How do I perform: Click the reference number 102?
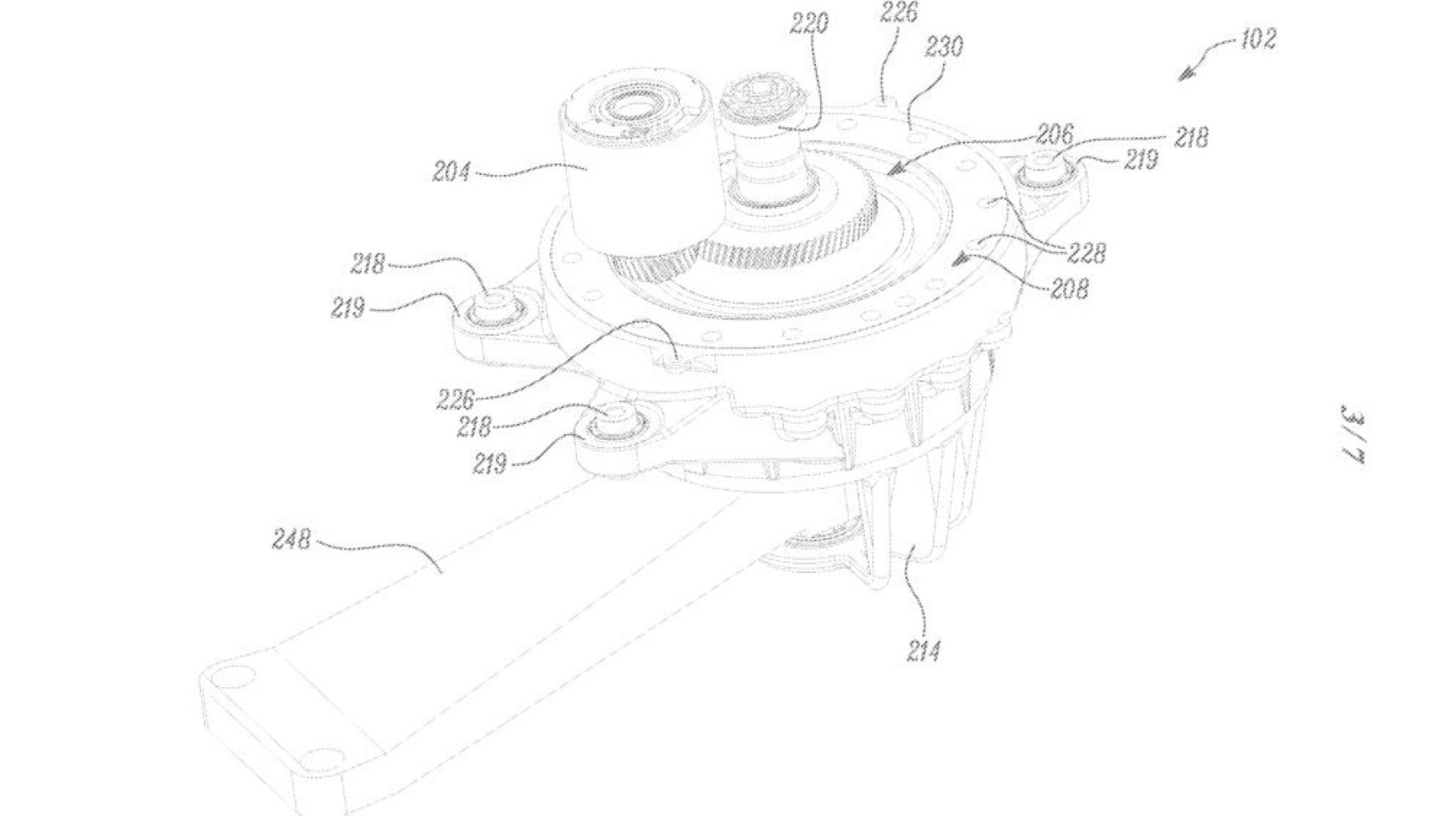click(1258, 39)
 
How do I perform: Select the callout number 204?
click(451, 173)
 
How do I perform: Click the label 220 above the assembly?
click(809, 24)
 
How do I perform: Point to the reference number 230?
click(943, 47)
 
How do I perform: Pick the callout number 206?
click(1054, 134)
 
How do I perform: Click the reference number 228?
click(1086, 253)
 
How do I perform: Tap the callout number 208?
click(1070, 289)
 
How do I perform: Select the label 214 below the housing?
click(923, 652)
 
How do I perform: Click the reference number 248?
click(291, 540)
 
